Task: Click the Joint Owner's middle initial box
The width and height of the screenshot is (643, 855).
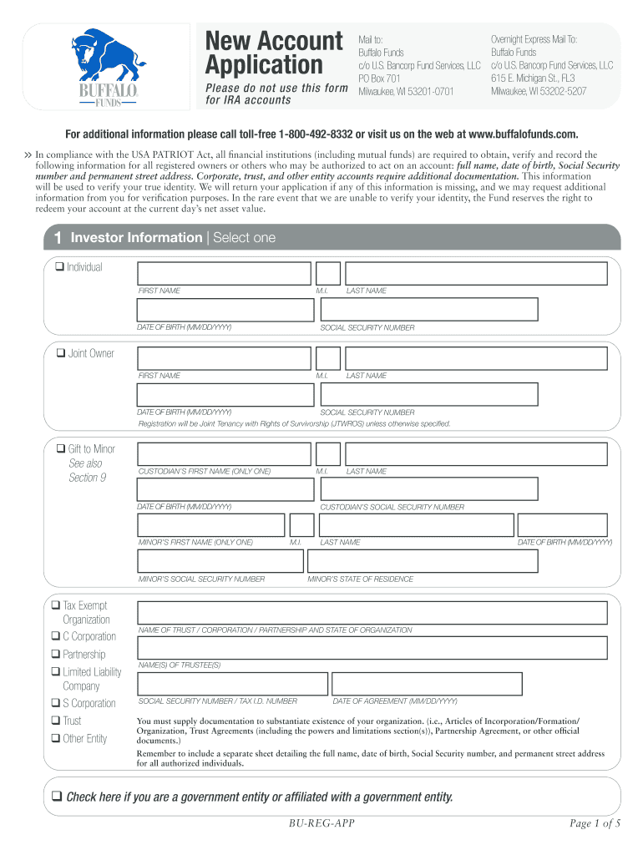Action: (328, 358)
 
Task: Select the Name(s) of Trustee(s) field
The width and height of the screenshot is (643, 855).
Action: (372, 648)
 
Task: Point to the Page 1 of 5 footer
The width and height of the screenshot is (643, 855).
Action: (595, 824)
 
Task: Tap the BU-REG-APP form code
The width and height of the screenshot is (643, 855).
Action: (321, 824)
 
